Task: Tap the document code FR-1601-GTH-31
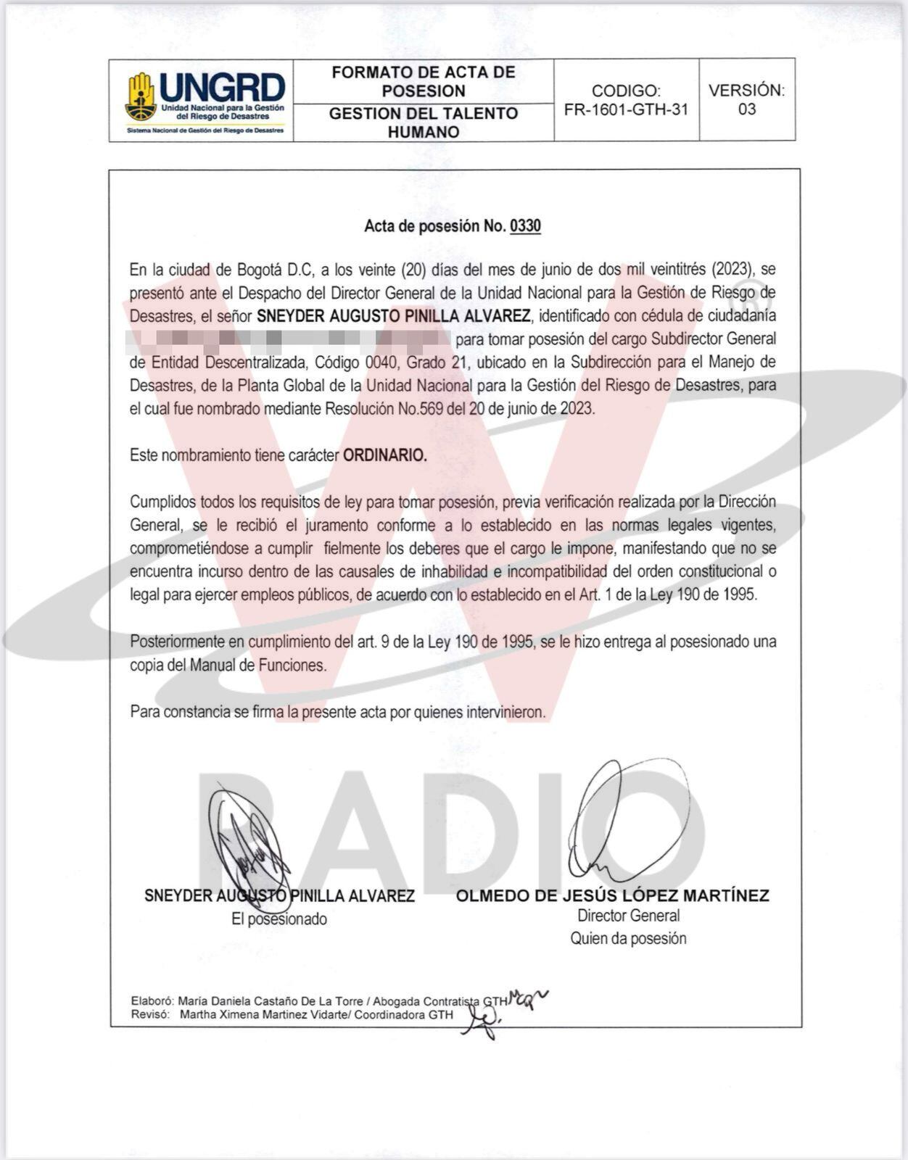[x=626, y=109]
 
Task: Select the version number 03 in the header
[x=746, y=109]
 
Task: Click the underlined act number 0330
[x=526, y=226]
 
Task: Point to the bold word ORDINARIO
[x=385, y=455]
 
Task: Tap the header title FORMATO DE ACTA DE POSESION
[x=424, y=81]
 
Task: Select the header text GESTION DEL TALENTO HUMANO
[x=424, y=123]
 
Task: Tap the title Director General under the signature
[x=628, y=916]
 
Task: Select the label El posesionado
[x=279, y=919]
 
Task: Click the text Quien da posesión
[x=628, y=939]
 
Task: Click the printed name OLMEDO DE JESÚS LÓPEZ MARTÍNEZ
[x=612, y=895]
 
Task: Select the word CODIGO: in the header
[x=626, y=91]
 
